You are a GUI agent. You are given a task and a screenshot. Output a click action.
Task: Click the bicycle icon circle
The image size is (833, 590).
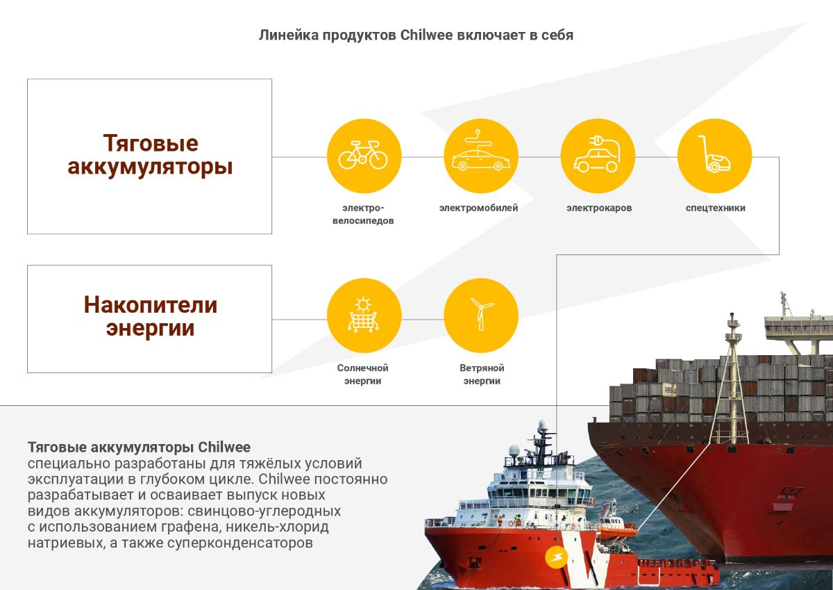[x=364, y=156]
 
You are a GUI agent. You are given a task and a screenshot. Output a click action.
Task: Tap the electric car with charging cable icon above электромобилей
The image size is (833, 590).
[x=481, y=156]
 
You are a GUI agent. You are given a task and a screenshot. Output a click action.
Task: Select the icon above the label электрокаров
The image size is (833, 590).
[x=598, y=156]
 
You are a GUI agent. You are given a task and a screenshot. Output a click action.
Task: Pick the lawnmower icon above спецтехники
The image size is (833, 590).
[x=714, y=156]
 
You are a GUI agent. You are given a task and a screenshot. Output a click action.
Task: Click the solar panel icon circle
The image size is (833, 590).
[x=364, y=316]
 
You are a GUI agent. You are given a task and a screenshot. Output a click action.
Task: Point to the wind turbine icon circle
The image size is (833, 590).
[x=481, y=316]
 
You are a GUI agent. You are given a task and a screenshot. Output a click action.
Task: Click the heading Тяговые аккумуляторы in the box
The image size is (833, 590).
[x=150, y=154]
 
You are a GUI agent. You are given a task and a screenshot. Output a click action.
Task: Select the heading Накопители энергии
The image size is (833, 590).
[x=150, y=316]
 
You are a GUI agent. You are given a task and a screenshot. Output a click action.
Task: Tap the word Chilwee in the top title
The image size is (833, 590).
[x=426, y=35]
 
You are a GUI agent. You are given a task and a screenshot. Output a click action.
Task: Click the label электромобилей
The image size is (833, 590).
[x=478, y=208]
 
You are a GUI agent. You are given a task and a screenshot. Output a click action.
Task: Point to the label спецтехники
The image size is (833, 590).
[x=716, y=208]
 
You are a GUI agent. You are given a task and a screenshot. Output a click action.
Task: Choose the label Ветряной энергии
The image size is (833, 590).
[x=482, y=375]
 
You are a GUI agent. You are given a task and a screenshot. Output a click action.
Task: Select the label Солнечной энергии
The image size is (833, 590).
[x=362, y=375]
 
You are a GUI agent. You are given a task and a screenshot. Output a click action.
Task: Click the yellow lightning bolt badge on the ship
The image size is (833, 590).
[x=556, y=557]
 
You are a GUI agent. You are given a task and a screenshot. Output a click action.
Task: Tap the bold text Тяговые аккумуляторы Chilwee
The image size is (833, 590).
[x=139, y=447]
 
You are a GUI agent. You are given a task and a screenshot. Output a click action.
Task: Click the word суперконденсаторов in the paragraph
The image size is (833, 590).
[x=240, y=543]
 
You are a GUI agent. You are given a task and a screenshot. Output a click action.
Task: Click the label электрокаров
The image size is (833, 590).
[x=599, y=208]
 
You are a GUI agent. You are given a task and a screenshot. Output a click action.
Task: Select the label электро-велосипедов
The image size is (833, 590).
[x=363, y=214]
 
